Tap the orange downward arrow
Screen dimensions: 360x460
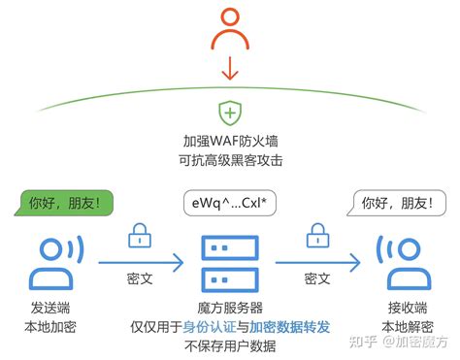tap(230, 69)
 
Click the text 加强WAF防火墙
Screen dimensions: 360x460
tap(230, 140)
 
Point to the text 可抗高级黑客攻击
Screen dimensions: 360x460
tap(230, 158)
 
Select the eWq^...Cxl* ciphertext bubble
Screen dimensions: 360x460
tap(230, 205)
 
